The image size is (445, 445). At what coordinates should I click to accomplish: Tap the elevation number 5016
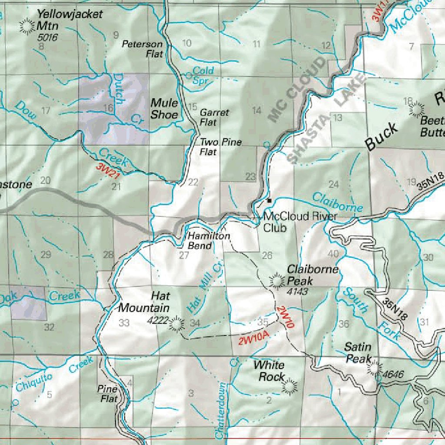pyautogui.click(x=47, y=37)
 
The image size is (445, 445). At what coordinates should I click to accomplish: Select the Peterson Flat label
pyautogui.click(x=142, y=49)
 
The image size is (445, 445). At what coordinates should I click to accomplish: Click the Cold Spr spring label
pyautogui.click(x=203, y=75)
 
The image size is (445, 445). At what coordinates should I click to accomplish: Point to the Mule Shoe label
pyautogui.click(x=164, y=109)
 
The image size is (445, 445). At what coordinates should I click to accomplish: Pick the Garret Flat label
pyautogui.click(x=214, y=117)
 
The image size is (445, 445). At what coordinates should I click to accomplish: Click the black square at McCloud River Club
pyautogui.click(x=269, y=201)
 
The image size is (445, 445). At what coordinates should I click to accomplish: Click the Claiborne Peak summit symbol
pyautogui.click(x=276, y=282)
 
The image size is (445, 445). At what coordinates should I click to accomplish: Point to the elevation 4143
pyautogui.click(x=298, y=292)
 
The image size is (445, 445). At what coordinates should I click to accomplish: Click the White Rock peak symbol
pyautogui.click(x=289, y=386)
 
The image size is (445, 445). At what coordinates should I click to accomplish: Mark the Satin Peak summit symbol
pyautogui.click(x=373, y=368)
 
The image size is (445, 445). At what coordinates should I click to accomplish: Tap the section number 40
pyautogui.click(x=333, y=254)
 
